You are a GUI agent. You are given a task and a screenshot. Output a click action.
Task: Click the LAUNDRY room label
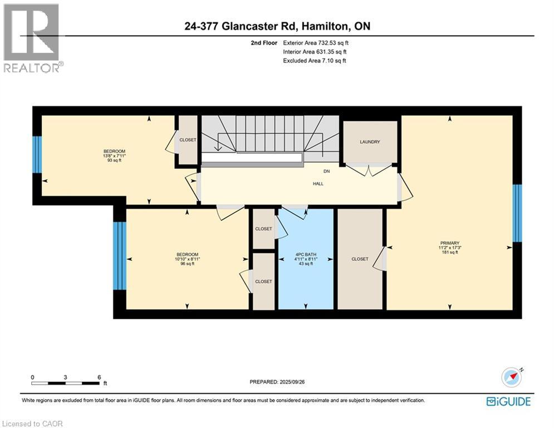pos(370,142)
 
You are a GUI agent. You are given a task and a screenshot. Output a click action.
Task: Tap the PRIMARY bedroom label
pos(449,243)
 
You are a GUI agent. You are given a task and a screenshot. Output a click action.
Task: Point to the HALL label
pos(318,183)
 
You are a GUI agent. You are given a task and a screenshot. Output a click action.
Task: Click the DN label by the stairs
pos(327,172)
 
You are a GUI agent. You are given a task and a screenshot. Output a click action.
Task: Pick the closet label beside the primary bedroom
pos(360,259)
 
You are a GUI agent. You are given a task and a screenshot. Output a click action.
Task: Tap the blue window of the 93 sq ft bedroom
pos(37,154)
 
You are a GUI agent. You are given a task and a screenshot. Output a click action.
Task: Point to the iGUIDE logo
pos(508,401)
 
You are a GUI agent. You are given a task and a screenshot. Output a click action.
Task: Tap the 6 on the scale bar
pos(99,377)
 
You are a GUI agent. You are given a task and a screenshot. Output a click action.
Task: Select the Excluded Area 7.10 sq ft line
pos(315,60)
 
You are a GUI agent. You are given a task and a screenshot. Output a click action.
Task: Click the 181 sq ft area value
pos(449,252)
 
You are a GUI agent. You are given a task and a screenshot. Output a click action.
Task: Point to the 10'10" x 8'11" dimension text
pos(187,259)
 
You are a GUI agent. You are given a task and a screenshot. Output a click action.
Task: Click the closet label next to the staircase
pos(188,140)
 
